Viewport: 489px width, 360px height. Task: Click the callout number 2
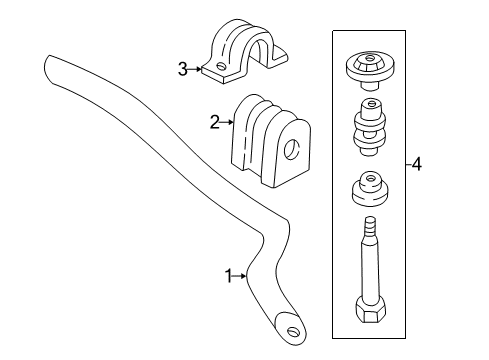(x=214, y=123)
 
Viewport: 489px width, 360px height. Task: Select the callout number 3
(x=183, y=69)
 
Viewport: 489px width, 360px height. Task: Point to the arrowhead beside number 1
(x=246, y=277)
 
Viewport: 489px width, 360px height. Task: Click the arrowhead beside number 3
(x=201, y=69)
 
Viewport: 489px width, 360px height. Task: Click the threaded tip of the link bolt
(x=370, y=226)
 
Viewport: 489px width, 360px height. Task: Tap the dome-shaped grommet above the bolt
(x=369, y=188)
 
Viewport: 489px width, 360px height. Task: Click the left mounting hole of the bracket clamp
(x=217, y=67)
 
